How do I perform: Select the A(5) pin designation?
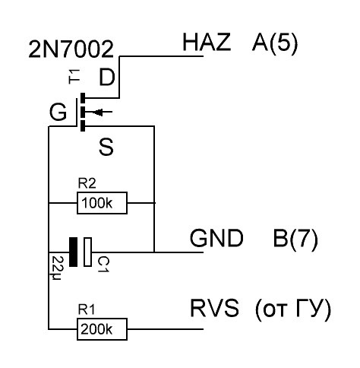tap(274, 43)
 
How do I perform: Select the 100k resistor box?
tap(102, 203)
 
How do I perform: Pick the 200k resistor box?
tap(102, 329)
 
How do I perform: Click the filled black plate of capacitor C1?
tap(73, 252)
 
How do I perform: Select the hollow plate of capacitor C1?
tap(88, 252)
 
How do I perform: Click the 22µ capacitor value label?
tap(57, 267)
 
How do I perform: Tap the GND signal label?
tap(216, 240)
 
